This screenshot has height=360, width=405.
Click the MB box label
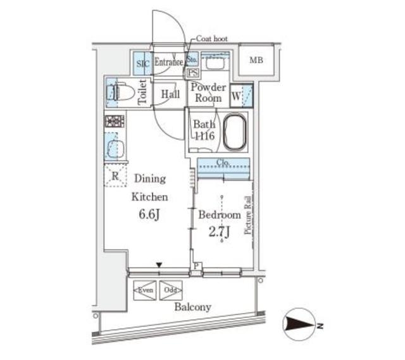coord(256,61)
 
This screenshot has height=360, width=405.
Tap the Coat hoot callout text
coord(211,39)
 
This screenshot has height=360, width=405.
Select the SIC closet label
coord(140,63)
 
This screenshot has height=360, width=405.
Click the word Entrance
coord(168,62)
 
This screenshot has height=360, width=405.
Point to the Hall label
coord(170,94)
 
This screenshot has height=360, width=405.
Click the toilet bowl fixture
coord(121,94)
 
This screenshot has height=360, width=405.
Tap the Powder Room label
coord(208,93)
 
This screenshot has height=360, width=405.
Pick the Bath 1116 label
coord(204,130)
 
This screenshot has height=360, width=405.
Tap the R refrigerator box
coord(115,177)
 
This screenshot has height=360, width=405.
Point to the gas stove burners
coord(115,121)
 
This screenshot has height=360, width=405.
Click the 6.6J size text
coord(149,214)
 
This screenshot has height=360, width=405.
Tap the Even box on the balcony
coord(144,290)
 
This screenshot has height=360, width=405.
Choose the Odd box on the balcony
coord(170,290)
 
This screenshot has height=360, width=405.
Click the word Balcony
coord(193,307)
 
